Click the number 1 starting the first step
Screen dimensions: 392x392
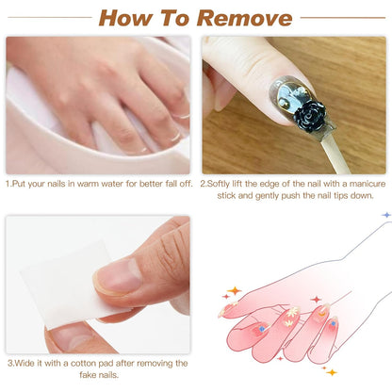pyautogui.click(x=8, y=183)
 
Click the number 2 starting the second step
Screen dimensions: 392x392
pyautogui.click(x=203, y=183)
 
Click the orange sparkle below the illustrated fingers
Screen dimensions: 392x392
pyautogui.click(x=330, y=371)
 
